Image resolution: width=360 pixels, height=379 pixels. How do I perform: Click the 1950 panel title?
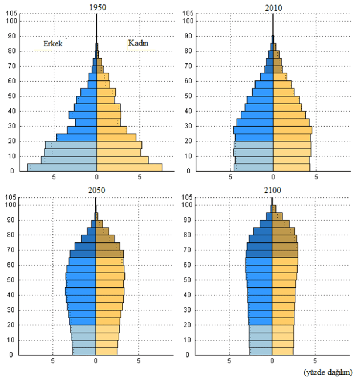tap(98, 7)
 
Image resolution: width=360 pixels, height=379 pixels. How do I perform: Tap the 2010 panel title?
tap(274, 8)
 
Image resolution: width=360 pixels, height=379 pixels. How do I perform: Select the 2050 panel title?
tap(96, 190)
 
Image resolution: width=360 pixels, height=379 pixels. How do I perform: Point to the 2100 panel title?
tap(272, 190)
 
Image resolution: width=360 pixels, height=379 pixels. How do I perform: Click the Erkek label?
tap(53, 44)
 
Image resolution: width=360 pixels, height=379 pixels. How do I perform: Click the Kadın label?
tap(138, 43)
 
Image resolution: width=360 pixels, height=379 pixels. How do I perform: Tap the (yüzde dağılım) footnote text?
tap(328, 372)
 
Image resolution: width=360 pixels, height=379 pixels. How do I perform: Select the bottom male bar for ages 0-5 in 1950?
tap(62, 168)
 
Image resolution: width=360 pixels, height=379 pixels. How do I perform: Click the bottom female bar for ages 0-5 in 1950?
tap(130, 168)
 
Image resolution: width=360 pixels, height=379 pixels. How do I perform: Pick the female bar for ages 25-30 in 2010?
tap(292, 130)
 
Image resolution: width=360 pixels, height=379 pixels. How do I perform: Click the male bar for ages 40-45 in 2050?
tap(80, 291)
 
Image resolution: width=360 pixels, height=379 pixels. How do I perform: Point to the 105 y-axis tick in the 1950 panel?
tap(11, 14)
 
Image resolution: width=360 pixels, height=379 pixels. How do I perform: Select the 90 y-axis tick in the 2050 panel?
tap(11, 220)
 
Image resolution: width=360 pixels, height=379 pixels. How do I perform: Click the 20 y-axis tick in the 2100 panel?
tap(187, 325)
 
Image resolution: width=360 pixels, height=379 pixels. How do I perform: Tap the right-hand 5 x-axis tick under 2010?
tap(316, 177)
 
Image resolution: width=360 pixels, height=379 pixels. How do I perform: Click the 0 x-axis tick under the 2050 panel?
tap(96, 361)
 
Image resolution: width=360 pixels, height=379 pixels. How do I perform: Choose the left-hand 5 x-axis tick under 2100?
tap(229, 361)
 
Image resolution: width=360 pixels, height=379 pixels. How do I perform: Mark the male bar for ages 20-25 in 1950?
tap(77, 138)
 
